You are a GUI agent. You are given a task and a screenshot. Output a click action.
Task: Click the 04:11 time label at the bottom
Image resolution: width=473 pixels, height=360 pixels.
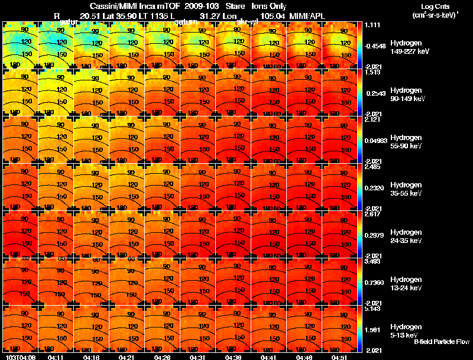pyautogui.click(x=56, y=357)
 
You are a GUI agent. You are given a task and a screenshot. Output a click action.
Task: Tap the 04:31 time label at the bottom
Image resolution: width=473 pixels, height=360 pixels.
pyautogui.click(x=197, y=357)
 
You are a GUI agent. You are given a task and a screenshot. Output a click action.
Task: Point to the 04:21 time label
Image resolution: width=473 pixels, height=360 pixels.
pyautogui.click(x=127, y=357)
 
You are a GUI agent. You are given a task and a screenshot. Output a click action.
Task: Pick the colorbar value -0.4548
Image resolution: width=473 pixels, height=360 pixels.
pyautogui.click(x=375, y=46)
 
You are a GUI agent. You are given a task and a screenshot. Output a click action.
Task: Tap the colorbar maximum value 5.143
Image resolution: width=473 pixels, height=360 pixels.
pyautogui.click(x=373, y=309)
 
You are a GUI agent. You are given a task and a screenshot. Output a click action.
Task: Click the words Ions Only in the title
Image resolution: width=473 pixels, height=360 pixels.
pyautogui.click(x=268, y=5)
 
